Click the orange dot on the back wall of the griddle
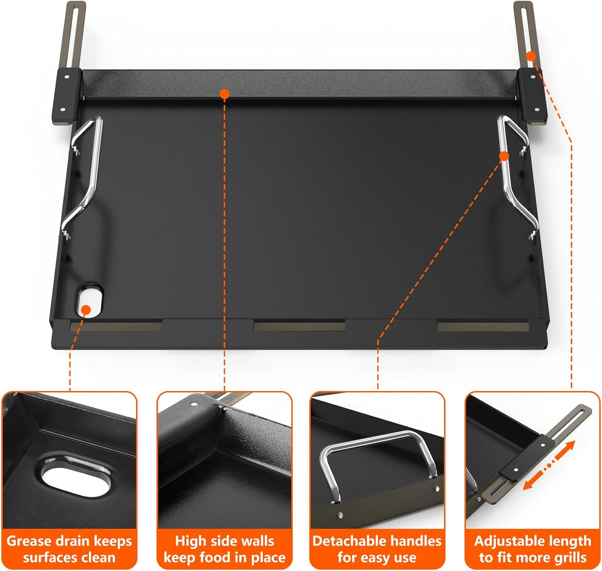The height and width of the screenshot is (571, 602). (x=225, y=94)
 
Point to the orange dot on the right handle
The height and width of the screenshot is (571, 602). (x=504, y=156)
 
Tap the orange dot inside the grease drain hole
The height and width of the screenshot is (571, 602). (x=86, y=310)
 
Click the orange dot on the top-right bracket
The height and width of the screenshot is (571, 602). (x=531, y=56)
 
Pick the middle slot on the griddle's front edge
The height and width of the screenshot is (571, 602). (x=299, y=326)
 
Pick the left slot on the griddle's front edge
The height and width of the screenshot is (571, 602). (x=116, y=326)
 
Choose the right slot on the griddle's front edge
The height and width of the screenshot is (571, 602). (x=482, y=326)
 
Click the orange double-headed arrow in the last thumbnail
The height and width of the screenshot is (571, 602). (x=549, y=465)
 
